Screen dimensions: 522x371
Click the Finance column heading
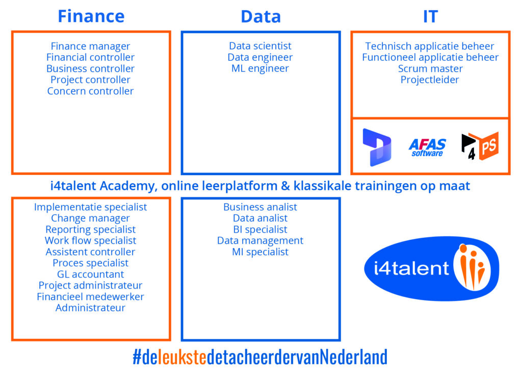91,16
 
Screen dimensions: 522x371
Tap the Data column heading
260,16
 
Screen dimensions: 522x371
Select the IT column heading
430,16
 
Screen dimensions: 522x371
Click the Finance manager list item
90,46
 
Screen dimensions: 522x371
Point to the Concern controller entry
90,91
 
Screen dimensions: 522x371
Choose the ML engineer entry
260,68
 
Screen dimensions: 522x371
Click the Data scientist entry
260,45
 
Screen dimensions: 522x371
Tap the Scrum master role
430,68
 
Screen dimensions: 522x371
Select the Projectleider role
429,80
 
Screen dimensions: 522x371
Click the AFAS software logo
427,147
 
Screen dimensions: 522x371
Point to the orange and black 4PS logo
480,145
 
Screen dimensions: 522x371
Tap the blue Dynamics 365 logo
377,147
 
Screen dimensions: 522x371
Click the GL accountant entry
90,274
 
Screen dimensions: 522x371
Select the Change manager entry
90,218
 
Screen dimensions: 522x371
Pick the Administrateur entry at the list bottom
90,308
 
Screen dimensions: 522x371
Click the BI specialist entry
260,229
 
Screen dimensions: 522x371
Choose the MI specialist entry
260,252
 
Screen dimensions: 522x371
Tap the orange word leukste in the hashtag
182,357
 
